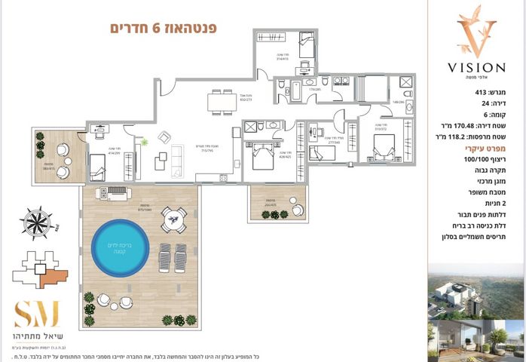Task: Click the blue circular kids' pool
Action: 120,247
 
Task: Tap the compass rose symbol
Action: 36,223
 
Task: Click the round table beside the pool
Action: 173,220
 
